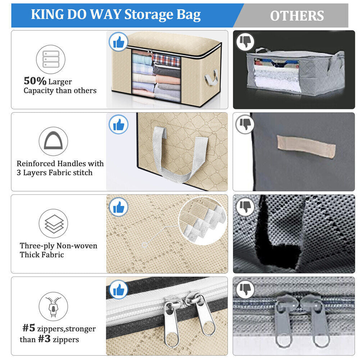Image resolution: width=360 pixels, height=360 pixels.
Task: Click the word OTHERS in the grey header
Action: (297, 16)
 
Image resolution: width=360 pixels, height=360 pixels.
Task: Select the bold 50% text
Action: (35, 81)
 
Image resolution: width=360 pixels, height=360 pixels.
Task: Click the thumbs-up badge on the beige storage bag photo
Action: (118, 42)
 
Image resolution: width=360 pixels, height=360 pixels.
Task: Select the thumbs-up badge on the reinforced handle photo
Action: (118, 125)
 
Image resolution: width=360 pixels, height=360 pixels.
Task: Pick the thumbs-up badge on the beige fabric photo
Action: (118, 207)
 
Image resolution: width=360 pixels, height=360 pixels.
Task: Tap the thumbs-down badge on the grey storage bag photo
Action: (245, 42)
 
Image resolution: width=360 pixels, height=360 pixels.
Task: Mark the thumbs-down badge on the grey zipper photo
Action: (245, 289)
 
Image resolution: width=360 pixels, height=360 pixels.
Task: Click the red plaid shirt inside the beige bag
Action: (166, 59)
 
